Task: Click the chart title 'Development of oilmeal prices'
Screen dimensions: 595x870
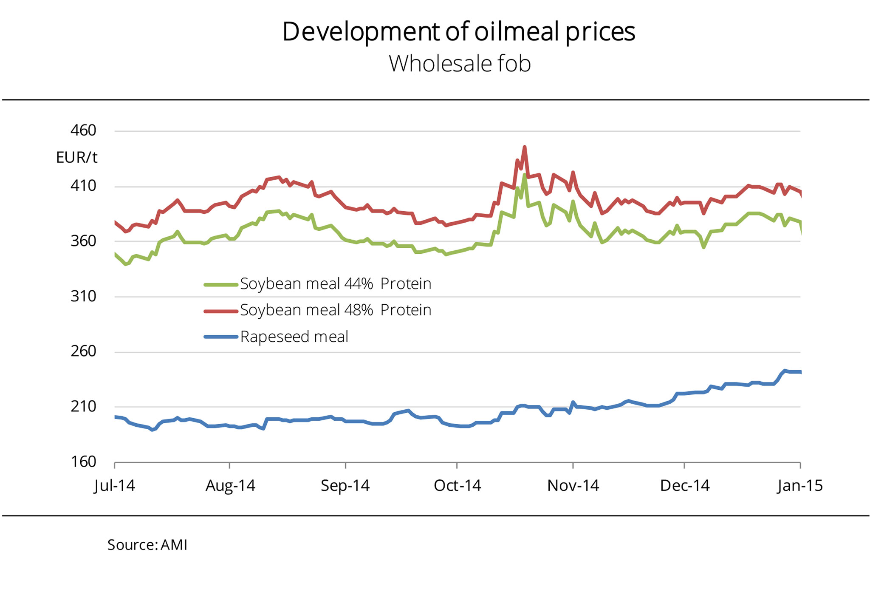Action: tap(458, 31)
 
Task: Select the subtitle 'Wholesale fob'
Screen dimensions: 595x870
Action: tap(460, 64)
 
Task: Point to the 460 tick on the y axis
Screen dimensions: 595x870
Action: tap(83, 130)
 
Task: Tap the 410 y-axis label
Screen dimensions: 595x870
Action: tap(83, 186)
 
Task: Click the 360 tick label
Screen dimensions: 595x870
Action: tap(83, 241)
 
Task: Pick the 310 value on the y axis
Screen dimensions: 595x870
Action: tap(83, 296)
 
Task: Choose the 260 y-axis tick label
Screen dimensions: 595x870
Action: tap(83, 351)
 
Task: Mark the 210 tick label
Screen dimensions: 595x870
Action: tap(83, 407)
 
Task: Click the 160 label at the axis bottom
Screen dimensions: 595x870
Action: tap(83, 462)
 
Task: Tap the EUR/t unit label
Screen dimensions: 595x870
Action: tap(76, 158)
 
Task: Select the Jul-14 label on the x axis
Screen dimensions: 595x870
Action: tap(115, 485)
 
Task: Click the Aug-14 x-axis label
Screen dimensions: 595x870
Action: tap(230, 485)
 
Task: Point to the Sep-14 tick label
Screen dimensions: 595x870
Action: tap(345, 485)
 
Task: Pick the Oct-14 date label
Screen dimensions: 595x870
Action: tap(457, 485)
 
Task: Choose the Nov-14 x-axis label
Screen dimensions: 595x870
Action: tap(573, 485)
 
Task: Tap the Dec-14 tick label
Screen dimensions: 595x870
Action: tap(685, 485)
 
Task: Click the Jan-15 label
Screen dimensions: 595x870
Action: tap(800, 485)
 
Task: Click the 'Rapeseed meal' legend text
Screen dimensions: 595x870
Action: tap(294, 337)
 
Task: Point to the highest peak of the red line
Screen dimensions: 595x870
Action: tap(525, 147)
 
